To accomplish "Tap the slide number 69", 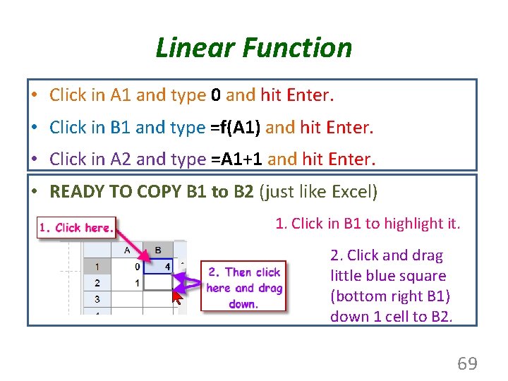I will click(x=467, y=364).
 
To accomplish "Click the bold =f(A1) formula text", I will click(x=236, y=127).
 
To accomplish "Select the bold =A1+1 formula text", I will click(x=237, y=159).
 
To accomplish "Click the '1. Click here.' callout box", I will click(x=76, y=227).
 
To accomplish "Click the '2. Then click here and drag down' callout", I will click(x=244, y=288).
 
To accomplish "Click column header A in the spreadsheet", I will click(x=127, y=250).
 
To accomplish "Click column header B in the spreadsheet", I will click(x=157, y=250).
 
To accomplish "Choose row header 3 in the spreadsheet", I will click(x=97, y=298).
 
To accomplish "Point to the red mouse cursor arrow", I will click(x=177, y=296).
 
